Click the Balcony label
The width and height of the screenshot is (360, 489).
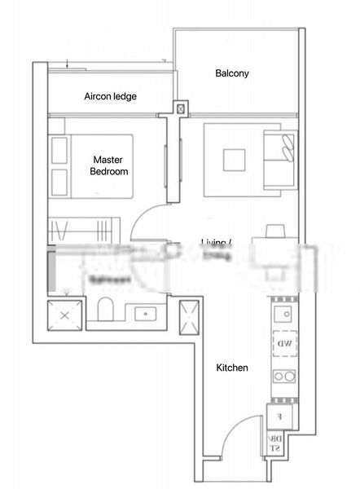(x=232, y=73)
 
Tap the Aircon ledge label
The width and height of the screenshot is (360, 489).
(x=110, y=96)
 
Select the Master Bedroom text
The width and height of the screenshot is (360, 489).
(x=109, y=165)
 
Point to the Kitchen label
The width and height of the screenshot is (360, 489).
(x=231, y=368)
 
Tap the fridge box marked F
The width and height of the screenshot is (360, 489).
(x=279, y=416)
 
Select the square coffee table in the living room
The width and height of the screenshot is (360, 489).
(x=235, y=157)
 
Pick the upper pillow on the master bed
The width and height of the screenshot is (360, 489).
(x=59, y=149)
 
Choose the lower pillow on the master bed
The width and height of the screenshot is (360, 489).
(x=59, y=180)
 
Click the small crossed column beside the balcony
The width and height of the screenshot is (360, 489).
(x=179, y=107)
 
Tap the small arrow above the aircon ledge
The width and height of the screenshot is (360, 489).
(x=66, y=63)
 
